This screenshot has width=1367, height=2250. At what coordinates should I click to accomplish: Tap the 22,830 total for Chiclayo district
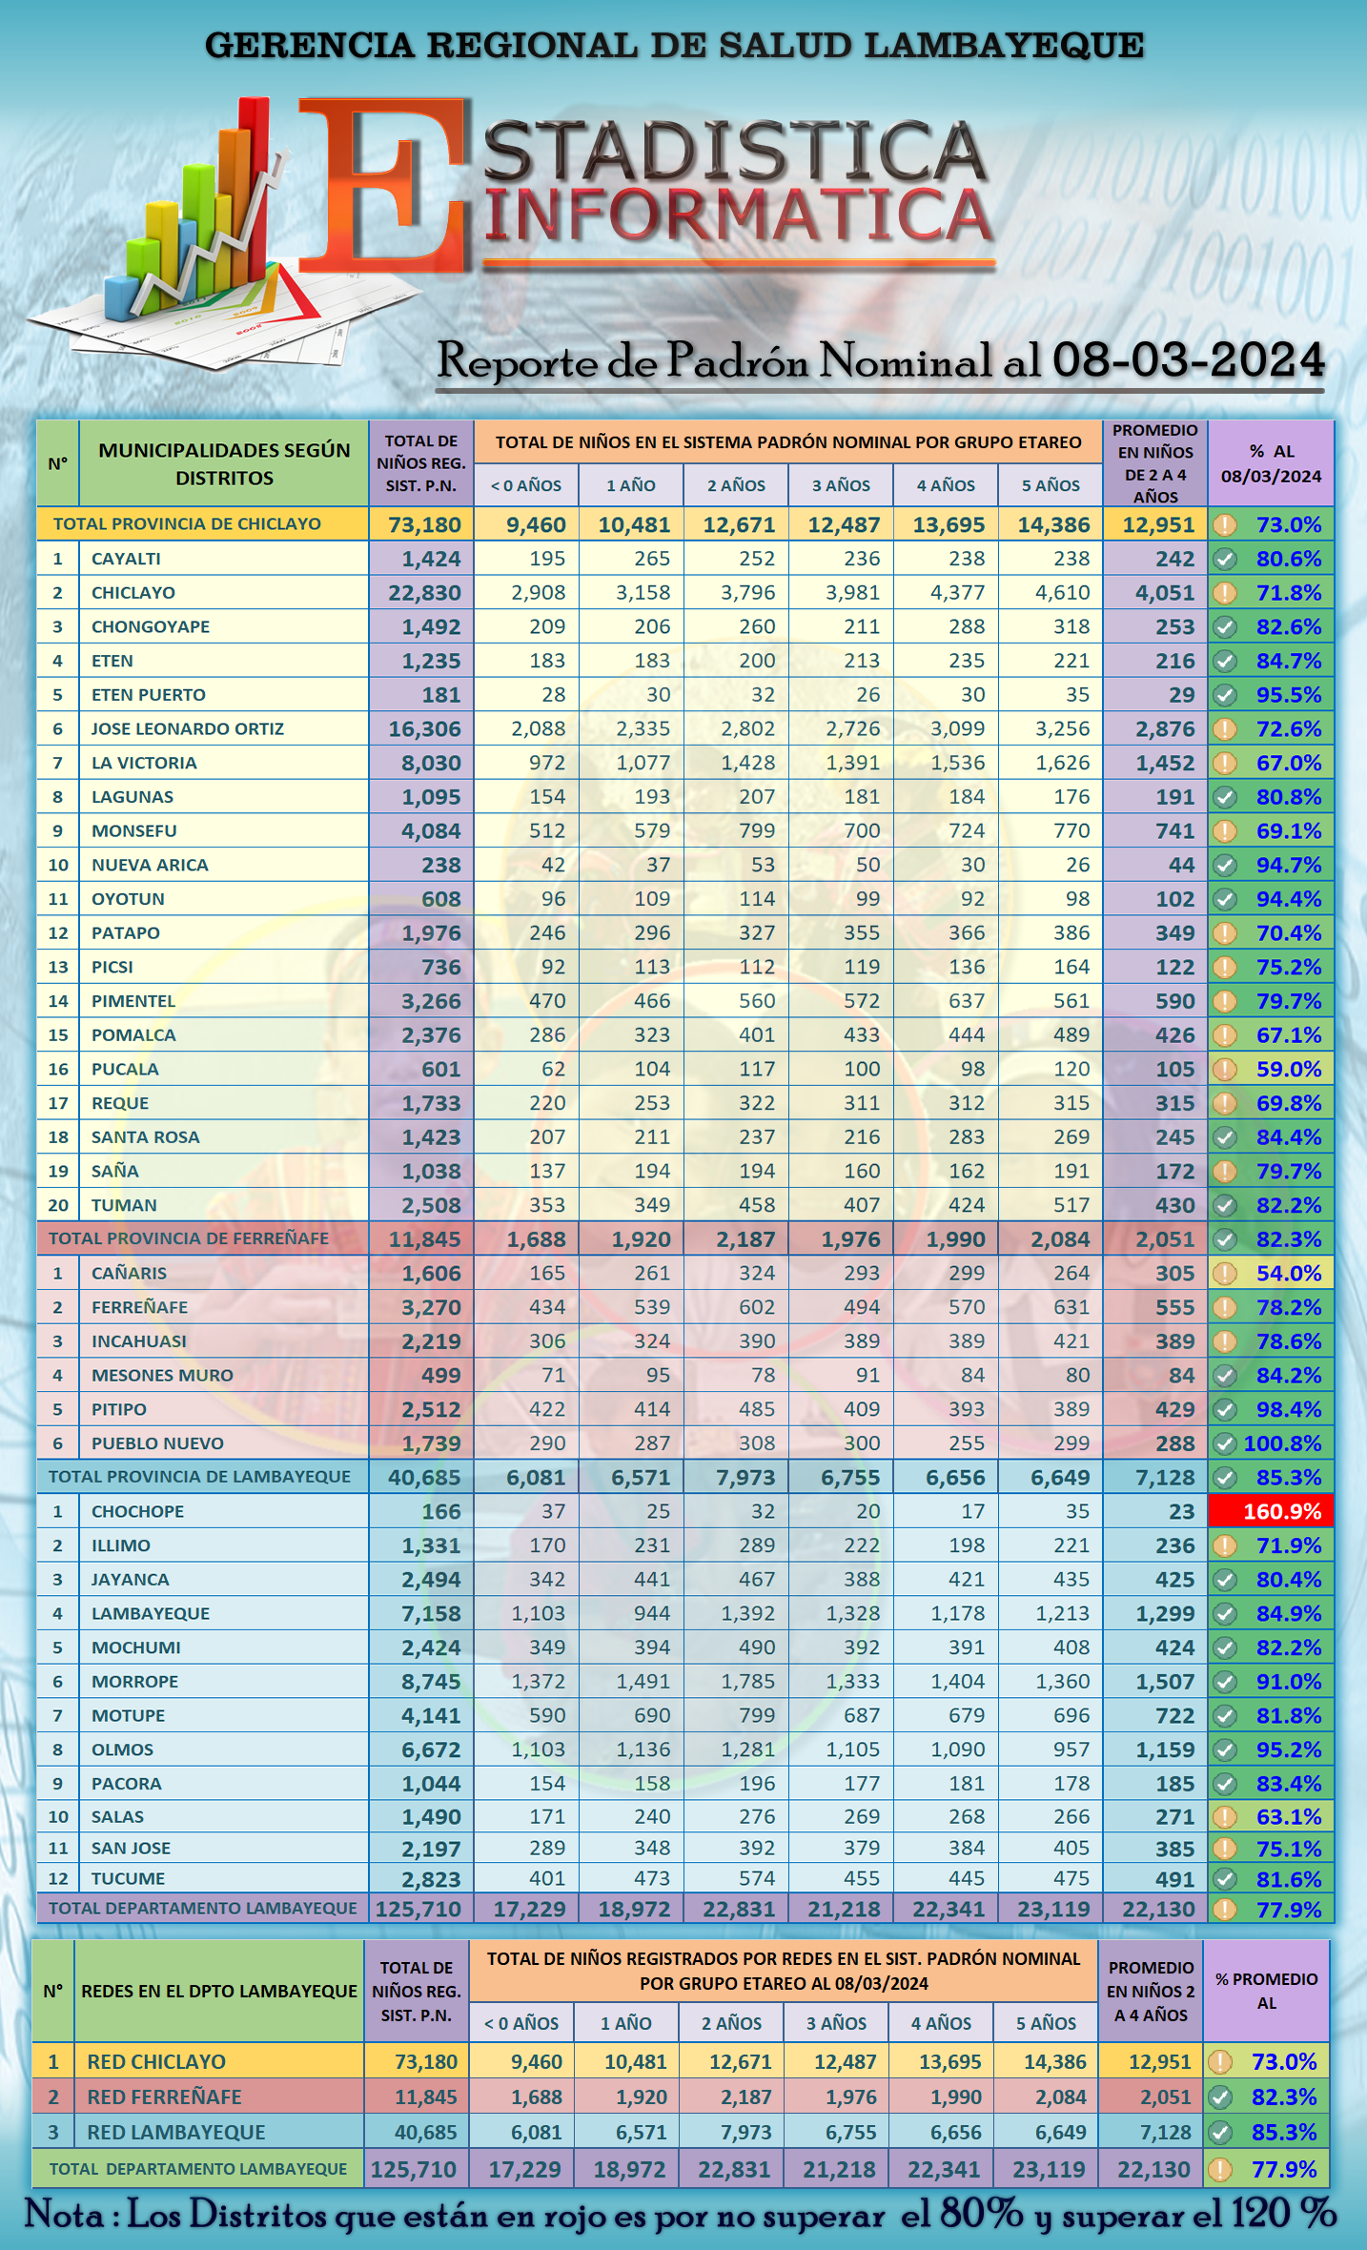click(x=424, y=593)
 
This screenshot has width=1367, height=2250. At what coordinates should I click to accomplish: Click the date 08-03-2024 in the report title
click(x=1188, y=360)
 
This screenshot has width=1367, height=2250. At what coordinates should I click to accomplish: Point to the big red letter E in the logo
click(x=386, y=186)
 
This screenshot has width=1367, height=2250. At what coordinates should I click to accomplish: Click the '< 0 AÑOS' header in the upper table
click(x=526, y=485)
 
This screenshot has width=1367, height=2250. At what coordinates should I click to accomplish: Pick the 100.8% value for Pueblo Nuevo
click(x=1282, y=1443)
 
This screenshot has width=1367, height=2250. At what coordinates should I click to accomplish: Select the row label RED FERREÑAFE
click(x=164, y=2097)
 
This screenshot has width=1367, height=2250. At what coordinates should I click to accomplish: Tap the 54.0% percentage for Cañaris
click(x=1288, y=1274)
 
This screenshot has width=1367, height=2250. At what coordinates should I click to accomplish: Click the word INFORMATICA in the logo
click(x=739, y=217)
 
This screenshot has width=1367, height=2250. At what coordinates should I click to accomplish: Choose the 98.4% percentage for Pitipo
click(x=1288, y=1409)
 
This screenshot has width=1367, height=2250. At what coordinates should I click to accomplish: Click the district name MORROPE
click(x=134, y=1682)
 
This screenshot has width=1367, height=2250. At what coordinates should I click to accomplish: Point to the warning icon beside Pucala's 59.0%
click(x=1225, y=1070)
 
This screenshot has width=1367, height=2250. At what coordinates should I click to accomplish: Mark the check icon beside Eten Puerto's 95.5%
click(x=1225, y=695)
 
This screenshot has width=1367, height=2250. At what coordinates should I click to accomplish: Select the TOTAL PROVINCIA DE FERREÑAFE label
click(x=189, y=1239)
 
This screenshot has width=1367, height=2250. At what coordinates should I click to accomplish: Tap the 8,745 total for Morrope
click(x=431, y=1683)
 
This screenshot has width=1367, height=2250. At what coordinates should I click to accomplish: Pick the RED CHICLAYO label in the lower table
click(x=156, y=2062)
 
